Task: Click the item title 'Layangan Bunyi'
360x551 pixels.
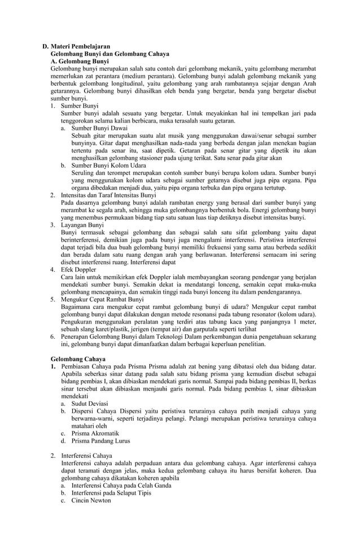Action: tap(82, 225)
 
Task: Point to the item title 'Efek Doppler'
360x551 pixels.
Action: tap(78, 270)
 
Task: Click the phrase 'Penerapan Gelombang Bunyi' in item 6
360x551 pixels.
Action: tap(98, 336)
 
